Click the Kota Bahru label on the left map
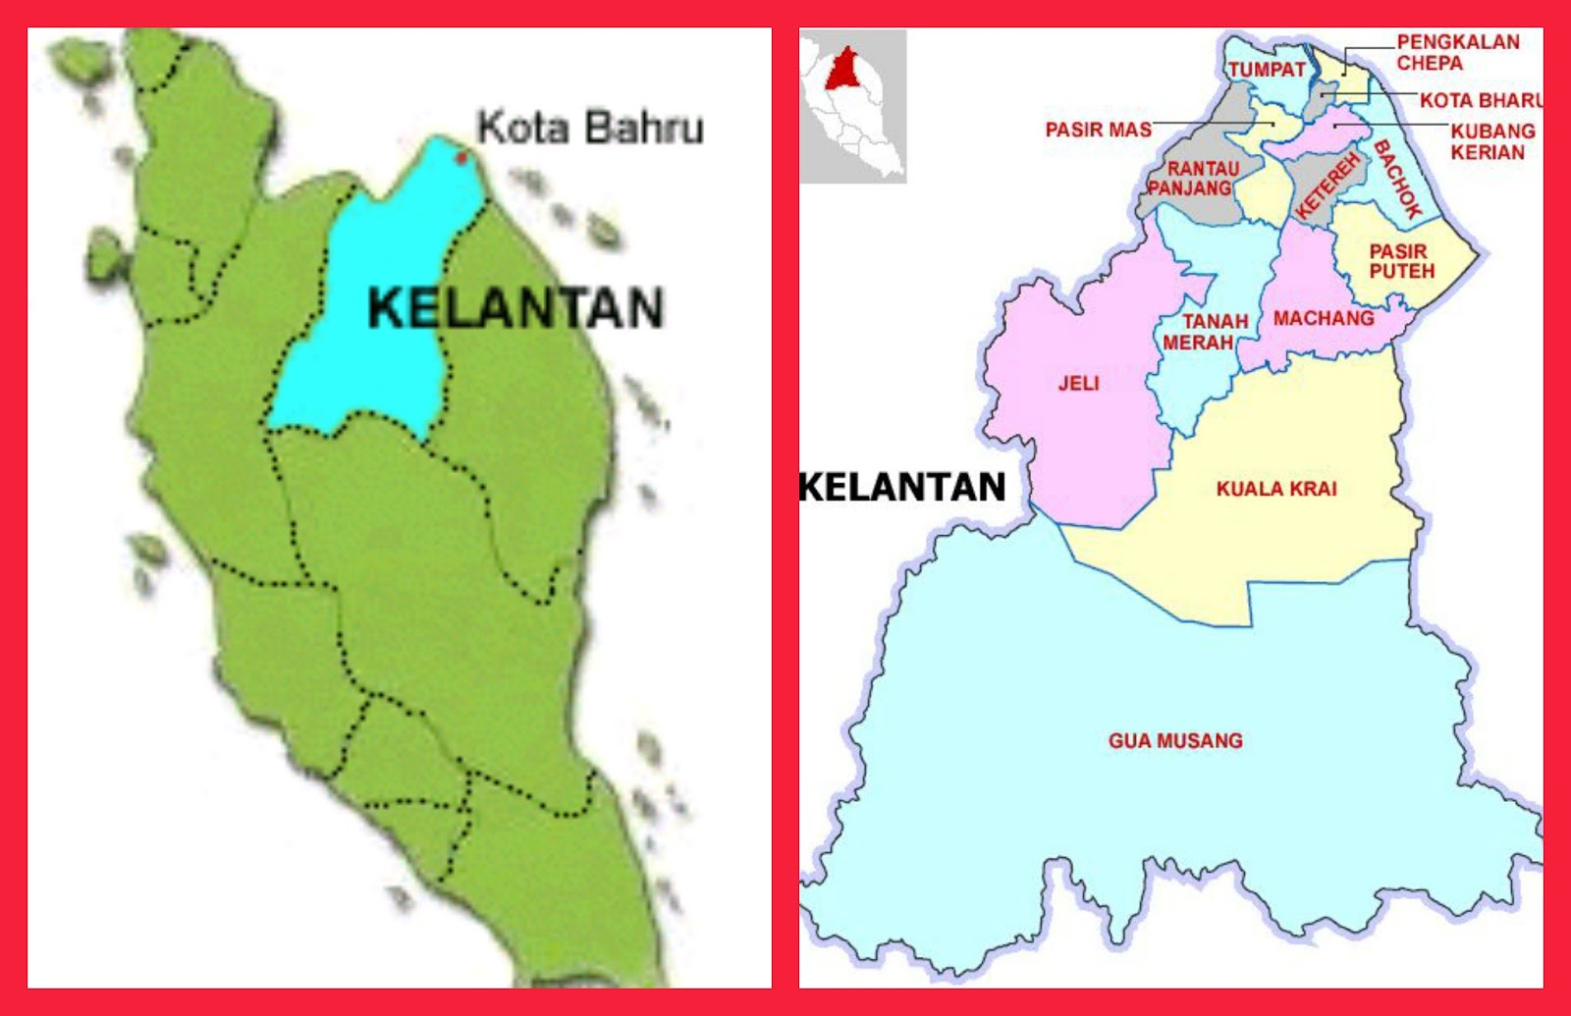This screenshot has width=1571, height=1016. [590, 128]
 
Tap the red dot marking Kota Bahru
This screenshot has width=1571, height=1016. [460, 156]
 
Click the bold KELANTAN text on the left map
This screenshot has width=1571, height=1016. [516, 308]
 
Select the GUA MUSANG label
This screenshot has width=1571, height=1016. [1175, 741]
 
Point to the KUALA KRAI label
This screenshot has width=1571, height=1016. [1276, 489]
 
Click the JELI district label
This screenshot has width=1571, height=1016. [1078, 384]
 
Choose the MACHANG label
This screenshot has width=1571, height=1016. [1323, 318]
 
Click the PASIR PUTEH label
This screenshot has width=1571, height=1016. [1401, 261]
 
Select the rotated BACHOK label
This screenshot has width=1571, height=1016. [1398, 179]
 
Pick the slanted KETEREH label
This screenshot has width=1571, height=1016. [1327, 187]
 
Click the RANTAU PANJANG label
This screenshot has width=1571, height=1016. [1192, 179]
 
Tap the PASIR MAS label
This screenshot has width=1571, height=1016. [1098, 130]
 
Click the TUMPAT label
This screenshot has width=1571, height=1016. [1267, 70]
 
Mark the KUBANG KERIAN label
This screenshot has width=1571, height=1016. [1491, 141]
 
